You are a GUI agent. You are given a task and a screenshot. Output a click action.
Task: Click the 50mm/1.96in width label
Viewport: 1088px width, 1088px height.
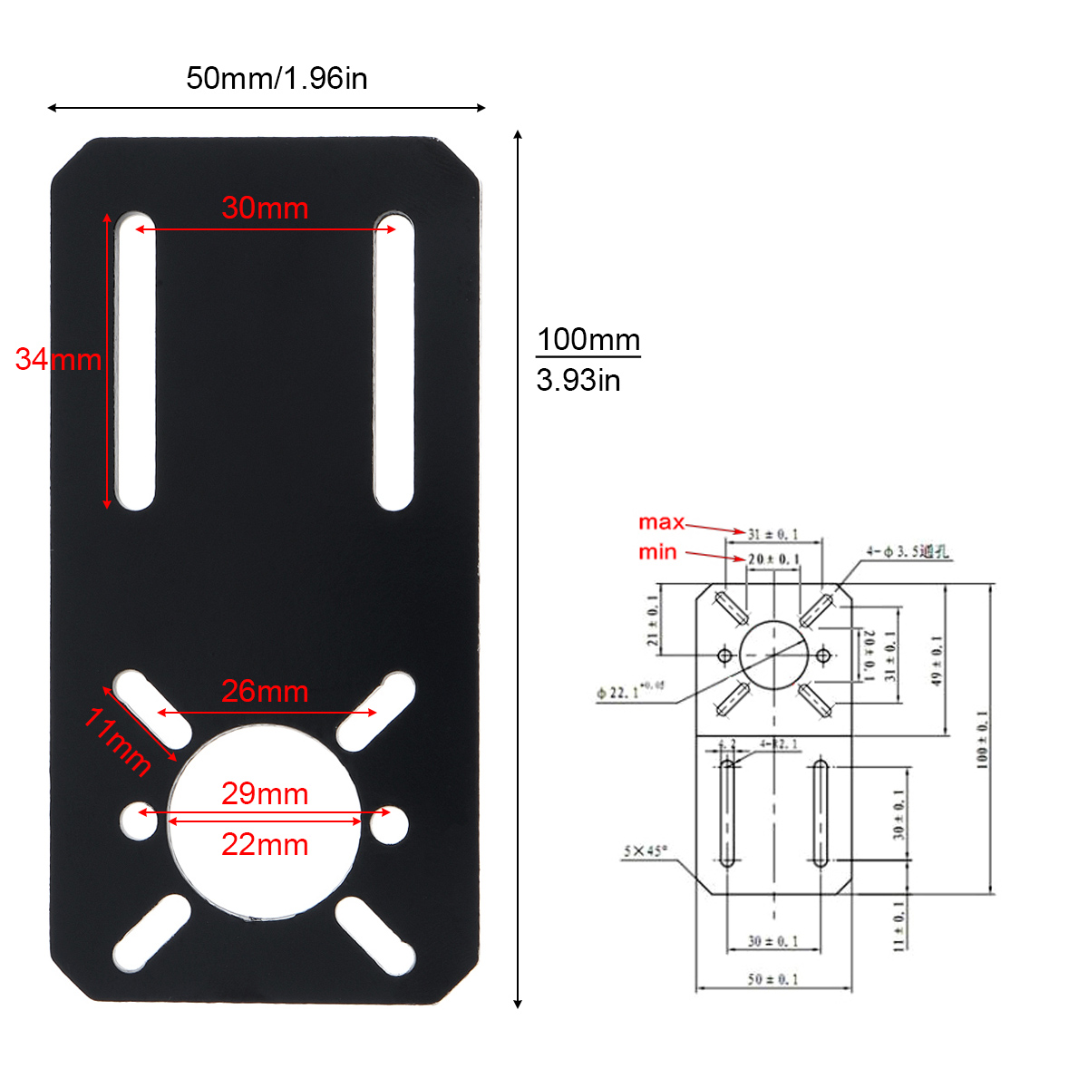(x=277, y=79)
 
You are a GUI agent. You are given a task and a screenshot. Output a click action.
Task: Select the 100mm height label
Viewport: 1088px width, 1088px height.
(x=588, y=340)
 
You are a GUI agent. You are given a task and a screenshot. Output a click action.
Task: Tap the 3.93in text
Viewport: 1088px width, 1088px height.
(x=578, y=380)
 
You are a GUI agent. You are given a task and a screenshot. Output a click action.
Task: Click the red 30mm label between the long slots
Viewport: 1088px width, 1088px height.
(x=265, y=209)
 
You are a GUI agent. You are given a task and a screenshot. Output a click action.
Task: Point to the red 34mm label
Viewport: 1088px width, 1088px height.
(x=58, y=359)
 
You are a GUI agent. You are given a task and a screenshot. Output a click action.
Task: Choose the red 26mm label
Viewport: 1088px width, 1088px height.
(x=265, y=692)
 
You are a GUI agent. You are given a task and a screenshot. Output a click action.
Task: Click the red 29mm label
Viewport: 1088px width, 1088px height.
(x=265, y=794)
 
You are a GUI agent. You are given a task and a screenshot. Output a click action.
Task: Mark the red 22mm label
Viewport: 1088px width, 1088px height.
(x=265, y=845)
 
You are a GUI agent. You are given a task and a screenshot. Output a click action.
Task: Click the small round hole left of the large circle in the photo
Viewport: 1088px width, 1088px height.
(x=139, y=821)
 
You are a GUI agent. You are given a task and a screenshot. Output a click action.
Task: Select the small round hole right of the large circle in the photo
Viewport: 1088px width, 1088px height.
(x=390, y=823)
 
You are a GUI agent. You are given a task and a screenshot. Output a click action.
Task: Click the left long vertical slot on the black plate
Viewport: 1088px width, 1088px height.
(x=135, y=361)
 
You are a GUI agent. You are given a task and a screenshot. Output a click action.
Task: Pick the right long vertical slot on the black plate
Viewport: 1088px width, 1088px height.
(x=394, y=361)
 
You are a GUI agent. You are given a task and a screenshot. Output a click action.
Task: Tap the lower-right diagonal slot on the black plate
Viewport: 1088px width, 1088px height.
(x=375, y=936)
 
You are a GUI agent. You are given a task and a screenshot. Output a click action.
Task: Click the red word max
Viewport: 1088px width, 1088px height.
(x=661, y=522)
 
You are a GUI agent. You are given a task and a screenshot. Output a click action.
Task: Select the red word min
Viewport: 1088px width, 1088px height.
(x=657, y=552)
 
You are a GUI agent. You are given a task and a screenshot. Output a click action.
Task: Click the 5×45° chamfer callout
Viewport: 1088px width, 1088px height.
(x=645, y=851)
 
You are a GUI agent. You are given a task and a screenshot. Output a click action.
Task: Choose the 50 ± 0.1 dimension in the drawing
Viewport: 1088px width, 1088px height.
(x=772, y=979)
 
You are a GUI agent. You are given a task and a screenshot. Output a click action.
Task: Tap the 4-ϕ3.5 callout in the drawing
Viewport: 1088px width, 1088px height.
(x=907, y=551)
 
